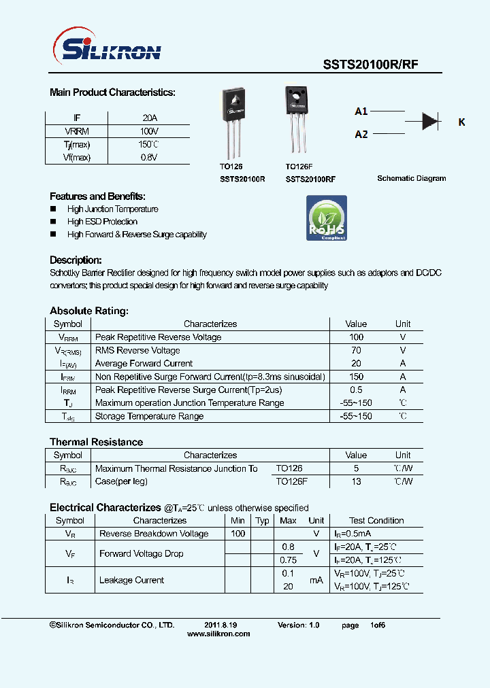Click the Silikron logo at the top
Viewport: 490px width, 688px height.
tap(107, 50)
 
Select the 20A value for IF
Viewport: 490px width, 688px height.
tap(149, 118)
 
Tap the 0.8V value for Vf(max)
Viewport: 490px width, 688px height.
tap(149, 157)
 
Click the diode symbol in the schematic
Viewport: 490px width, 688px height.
tap(429, 121)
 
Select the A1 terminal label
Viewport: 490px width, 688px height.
tap(361, 111)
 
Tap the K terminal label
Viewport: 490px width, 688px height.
tap(461, 122)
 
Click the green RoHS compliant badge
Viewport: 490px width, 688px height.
tap(327, 218)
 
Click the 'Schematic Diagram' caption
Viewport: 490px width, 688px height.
tap(412, 178)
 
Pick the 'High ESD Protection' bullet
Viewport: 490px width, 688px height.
tap(102, 222)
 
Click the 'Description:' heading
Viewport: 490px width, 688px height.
tap(76, 260)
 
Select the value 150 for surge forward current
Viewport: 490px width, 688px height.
tap(356, 377)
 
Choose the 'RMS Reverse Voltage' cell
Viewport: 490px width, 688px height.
tap(137, 351)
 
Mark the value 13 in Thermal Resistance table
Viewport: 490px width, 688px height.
tap(356, 481)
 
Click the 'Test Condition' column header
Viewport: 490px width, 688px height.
tap(376, 521)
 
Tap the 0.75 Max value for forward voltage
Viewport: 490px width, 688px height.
tap(288, 560)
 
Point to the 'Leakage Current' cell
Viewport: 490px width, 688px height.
tap(131, 580)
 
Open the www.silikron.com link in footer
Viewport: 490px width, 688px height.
tap(218, 634)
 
